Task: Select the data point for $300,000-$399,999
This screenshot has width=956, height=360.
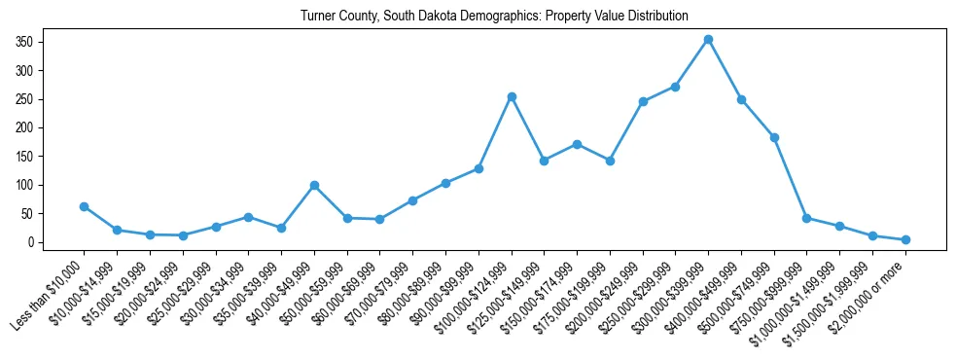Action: click(708, 39)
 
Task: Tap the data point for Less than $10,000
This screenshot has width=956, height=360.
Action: click(84, 206)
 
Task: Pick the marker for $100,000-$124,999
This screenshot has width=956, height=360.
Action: click(511, 96)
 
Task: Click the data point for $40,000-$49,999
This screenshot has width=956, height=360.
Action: click(314, 185)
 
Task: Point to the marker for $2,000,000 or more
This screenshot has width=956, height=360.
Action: click(905, 239)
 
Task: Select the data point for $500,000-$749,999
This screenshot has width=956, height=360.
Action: click(774, 137)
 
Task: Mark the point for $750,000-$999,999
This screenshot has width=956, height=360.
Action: click(806, 218)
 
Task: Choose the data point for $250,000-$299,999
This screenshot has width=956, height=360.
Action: click(675, 87)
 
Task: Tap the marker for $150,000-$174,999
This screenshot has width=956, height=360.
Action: click(577, 144)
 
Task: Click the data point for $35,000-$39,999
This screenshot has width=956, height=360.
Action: click(281, 228)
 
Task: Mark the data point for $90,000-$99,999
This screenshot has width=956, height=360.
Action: click(478, 168)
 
